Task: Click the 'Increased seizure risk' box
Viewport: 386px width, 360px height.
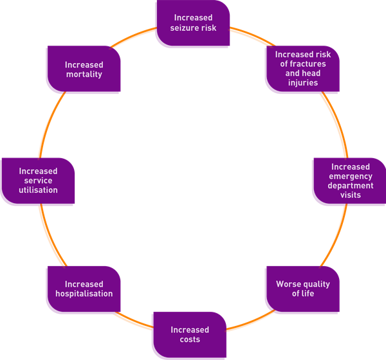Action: tap(193, 24)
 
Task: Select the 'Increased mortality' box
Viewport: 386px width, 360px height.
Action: tap(84, 69)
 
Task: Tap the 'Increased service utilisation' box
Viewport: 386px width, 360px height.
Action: tap(38, 181)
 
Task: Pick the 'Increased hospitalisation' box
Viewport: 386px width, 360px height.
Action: tap(84, 289)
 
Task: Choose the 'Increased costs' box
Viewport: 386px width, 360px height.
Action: tap(189, 335)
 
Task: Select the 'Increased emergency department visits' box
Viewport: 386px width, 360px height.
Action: tap(348, 181)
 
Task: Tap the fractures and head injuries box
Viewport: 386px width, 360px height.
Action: tap(302, 69)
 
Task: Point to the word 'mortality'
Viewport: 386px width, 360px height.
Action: tap(84, 75)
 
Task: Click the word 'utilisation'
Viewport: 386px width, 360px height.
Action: tap(38, 190)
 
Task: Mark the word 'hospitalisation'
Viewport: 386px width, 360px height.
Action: tap(84, 294)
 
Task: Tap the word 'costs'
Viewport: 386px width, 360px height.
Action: tap(190, 339)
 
